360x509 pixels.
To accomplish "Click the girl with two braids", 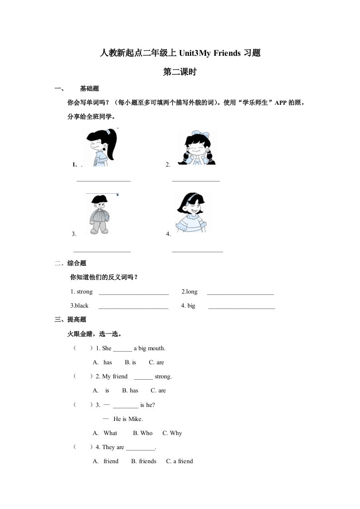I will tap(197, 147).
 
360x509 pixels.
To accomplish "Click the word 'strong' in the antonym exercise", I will tap(84, 292).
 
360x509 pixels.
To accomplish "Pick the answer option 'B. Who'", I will tap(143, 433).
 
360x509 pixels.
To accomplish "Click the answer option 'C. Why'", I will tap(172, 433).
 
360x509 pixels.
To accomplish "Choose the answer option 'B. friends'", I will tap(143, 461).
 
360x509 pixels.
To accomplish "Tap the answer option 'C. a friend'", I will tap(179, 461).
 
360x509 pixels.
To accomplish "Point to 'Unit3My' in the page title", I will tap(193, 53).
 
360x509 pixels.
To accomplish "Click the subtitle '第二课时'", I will tap(179, 72).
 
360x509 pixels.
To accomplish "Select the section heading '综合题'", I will tap(76, 263).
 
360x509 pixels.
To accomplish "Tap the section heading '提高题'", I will tap(76, 320).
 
